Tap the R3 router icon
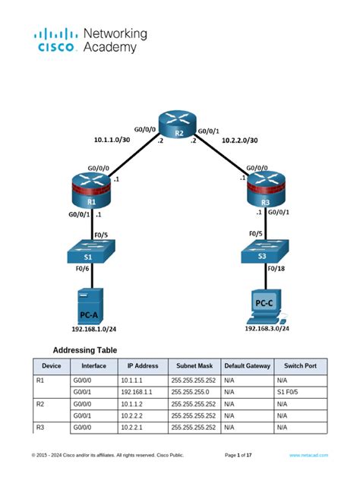pos(264,190)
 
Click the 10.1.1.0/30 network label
pos(112,140)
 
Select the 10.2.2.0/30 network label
pos(239,141)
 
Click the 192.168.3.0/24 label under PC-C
pos(267,328)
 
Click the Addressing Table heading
pos(84,351)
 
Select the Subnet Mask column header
pos(194,365)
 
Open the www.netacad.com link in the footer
pos(308,455)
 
